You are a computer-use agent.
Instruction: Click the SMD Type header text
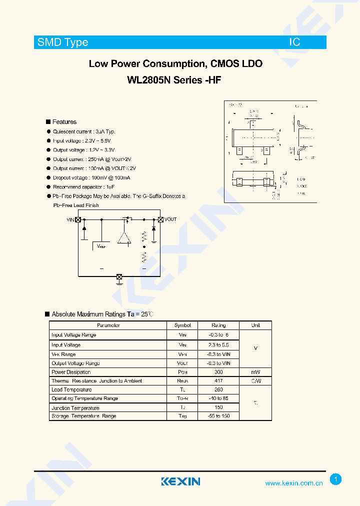point(62,42)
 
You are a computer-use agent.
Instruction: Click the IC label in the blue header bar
point(294,42)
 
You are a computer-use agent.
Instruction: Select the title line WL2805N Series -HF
point(175,79)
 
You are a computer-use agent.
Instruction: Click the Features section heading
point(64,122)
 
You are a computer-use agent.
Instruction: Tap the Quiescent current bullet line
point(84,131)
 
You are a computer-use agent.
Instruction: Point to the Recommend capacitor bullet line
point(84,187)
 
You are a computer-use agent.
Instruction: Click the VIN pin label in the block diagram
point(70,219)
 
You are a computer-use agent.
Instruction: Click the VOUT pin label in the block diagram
point(170,219)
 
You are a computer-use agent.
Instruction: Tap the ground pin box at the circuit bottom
point(119,276)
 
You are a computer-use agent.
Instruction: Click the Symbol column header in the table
point(182,325)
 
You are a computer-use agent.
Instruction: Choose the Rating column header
point(218,325)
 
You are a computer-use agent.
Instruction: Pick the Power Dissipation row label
point(71,372)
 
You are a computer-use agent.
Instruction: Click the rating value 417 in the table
point(218,381)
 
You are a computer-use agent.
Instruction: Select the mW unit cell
point(255,372)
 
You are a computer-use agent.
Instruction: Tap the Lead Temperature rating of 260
point(218,390)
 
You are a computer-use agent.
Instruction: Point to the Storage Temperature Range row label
point(83,416)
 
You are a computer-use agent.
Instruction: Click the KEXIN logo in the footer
point(180,481)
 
